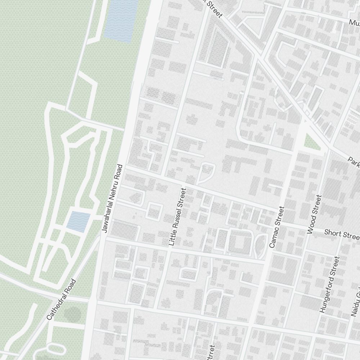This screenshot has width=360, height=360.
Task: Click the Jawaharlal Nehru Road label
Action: [113, 198]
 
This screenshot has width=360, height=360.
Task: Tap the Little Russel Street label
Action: [177, 218]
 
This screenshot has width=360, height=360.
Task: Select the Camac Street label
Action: [276, 227]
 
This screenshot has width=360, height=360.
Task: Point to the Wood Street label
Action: [314, 215]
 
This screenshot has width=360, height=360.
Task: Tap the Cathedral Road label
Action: [61, 300]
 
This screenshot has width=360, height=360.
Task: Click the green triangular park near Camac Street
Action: [311, 142]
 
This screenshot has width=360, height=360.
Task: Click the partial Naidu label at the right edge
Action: [355, 304]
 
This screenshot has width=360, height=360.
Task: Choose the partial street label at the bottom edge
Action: [211, 353]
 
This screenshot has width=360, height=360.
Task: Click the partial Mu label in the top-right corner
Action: [354, 23]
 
